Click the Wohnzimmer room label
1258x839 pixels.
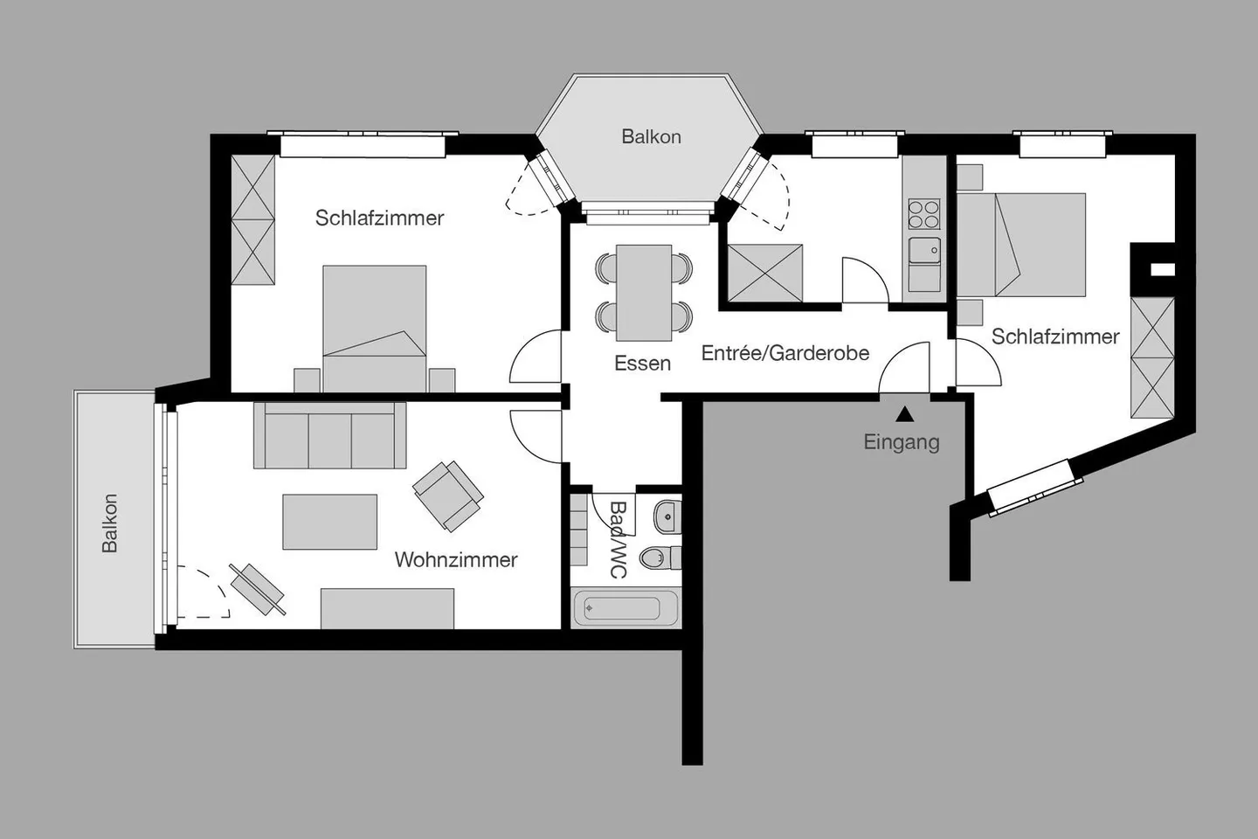(455, 559)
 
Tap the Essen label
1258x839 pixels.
(642, 363)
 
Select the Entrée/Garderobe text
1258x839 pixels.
(785, 353)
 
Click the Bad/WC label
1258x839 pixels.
(618, 539)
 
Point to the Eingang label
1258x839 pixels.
(901, 441)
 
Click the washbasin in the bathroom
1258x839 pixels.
(667, 517)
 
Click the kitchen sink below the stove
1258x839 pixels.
(923, 252)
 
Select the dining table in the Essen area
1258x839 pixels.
(644, 293)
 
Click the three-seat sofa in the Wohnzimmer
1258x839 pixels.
(330, 436)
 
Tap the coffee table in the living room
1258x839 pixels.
(329, 522)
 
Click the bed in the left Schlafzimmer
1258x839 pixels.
(374, 328)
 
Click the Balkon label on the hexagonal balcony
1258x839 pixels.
(651, 136)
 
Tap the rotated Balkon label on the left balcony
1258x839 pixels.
(109, 523)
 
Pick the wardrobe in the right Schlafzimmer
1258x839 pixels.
(1151, 357)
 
